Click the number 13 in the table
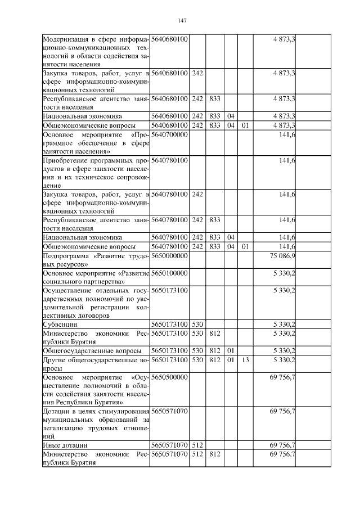(x=245, y=359)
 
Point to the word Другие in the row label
(x=55, y=359)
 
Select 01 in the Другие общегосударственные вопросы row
(x=230, y=359)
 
